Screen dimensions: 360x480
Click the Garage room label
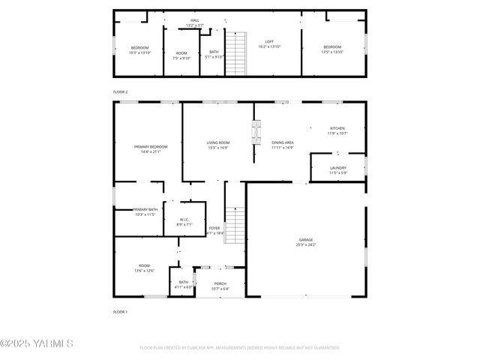coord(306,240)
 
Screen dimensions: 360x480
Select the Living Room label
coord(218,142)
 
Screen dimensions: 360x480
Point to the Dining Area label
coord(282,142)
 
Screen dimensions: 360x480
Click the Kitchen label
coord(337,128)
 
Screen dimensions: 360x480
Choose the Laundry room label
coord(337,169)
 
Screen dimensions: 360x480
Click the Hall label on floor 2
coord(195,20)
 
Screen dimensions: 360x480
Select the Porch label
coord(220,283)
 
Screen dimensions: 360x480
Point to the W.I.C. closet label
coord(184,220)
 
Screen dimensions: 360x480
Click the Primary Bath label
coord(145,210)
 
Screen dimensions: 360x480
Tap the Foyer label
coord(214,228)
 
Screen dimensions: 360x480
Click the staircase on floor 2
coord(236,53)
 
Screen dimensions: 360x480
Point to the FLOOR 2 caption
coord(121,91)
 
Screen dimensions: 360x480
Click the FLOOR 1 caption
coord(121,311)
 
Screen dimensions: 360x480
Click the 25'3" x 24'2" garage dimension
coord(306,245)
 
